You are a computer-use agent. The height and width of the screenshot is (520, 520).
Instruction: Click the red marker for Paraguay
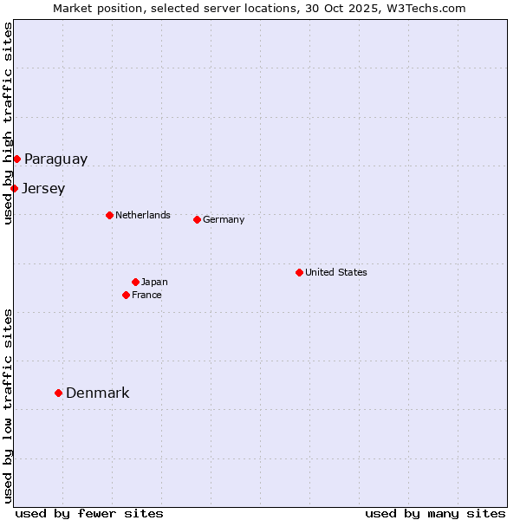pos(16,159)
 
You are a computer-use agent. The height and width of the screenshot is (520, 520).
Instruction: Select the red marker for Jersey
pos(14,188)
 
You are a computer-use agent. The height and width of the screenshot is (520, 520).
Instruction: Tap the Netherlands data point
pos(109,215)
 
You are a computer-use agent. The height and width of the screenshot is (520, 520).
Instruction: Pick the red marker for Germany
pos(197,219)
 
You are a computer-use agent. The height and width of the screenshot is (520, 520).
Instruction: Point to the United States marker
pos(299,272)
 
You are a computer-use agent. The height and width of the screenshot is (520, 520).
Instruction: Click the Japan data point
pos(135,282)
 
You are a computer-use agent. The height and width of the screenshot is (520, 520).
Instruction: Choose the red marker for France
pos(126,295)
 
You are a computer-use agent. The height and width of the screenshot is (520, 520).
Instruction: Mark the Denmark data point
pos(58,393)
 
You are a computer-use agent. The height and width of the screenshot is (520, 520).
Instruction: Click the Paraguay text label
pos(55,159)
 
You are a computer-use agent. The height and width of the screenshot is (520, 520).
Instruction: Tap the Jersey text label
pos(43,188)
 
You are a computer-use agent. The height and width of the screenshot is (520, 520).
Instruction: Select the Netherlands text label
pos(143,215)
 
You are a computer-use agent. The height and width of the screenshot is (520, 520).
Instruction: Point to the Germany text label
pos(224,219)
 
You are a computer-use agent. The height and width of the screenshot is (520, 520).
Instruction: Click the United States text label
pos(336,272)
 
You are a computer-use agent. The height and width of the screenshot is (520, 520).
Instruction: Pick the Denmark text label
pos(98,393)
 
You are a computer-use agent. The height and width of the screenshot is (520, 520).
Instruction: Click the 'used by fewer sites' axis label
pos(89,513)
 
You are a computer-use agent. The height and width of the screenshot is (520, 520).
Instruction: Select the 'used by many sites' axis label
pos(435,513)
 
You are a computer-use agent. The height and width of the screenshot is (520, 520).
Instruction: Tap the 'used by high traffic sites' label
pos(8,123)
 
